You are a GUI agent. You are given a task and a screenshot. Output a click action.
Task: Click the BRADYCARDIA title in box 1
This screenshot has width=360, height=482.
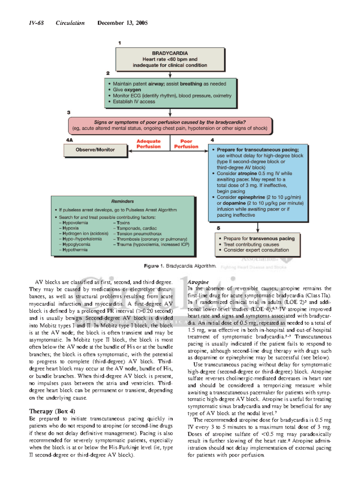[x=170, y=53]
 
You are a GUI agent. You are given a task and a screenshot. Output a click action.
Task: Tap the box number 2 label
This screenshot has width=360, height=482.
[x=108, y=73]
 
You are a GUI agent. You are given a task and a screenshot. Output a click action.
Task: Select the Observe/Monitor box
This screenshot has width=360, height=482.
[x=95, y=150]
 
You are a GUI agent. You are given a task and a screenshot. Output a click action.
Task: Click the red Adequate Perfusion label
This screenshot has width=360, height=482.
[x=148, y=144]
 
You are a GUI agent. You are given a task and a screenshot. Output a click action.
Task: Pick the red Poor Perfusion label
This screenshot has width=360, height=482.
[x=186, y=144]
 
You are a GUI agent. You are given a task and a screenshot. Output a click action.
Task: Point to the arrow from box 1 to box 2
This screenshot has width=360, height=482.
[x=170, y=75]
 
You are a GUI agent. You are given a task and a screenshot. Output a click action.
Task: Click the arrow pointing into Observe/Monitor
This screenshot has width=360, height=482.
[x=131, y=151]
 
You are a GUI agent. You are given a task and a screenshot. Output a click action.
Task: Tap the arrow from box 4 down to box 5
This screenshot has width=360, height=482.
[x=258, y=227]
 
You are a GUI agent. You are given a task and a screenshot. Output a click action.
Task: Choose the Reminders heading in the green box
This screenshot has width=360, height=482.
[x=122, y=201]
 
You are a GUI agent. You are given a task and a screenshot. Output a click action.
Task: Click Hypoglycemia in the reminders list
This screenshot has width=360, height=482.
[x=76, y=244]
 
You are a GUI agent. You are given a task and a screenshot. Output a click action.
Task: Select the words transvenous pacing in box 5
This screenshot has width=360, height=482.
[x=272, y=239]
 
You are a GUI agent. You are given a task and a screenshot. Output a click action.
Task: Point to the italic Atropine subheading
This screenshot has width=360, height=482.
[x=198, y=282]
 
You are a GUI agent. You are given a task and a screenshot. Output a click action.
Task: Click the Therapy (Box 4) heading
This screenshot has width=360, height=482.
[x=52, y=411]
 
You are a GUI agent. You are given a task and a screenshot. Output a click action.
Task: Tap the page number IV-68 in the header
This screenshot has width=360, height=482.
[x=36, y=23]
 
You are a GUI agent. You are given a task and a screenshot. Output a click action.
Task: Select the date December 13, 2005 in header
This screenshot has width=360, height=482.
[x=122, y=23]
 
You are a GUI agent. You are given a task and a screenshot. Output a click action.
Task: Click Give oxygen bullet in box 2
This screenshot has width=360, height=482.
[x=127, y=90]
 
